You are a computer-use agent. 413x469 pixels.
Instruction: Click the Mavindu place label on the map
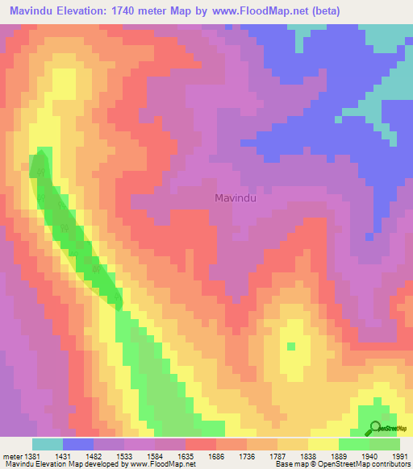[236, 197]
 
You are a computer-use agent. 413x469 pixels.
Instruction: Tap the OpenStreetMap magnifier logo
[374, 429]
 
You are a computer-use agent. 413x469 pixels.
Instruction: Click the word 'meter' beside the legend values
[12, 456]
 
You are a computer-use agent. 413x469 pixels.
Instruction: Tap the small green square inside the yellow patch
[291, 347]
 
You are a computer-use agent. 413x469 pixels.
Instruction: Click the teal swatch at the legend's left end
[48, 444]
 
